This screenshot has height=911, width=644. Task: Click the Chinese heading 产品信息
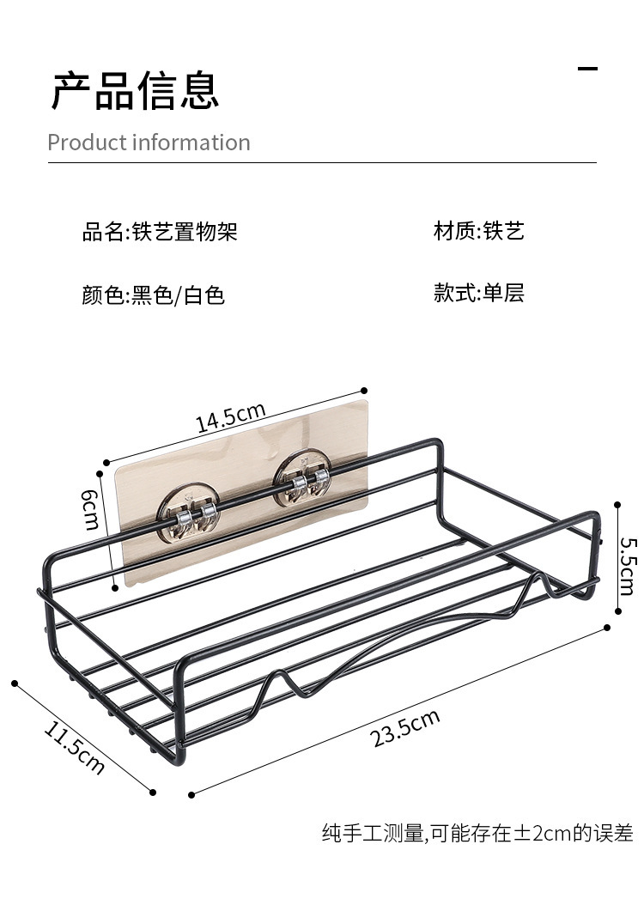point(135,90)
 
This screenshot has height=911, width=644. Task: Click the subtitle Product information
point(149,143)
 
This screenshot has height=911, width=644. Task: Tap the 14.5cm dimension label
point(230,417)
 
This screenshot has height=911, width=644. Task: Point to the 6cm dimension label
point(91,509)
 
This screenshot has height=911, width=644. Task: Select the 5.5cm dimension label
point(629,566)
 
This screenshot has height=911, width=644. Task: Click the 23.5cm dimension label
point(405,727)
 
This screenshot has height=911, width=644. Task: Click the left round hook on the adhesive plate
point(188,513)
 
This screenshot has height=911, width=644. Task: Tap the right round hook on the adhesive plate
point(302,477)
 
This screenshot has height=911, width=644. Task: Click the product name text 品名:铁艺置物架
point(160,231)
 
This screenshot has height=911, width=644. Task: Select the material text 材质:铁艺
point(479,231)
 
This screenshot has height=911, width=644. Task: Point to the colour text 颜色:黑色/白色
point(153,295)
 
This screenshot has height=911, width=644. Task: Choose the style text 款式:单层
point(479,292)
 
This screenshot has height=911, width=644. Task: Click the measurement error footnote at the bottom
point(477,833)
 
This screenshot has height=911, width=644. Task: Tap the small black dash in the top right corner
point(587,69)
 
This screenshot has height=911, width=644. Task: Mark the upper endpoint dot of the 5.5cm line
point(617,506)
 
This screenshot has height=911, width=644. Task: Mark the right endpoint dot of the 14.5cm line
point(364,391)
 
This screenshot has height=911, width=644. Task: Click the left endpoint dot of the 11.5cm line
point(15,683)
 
